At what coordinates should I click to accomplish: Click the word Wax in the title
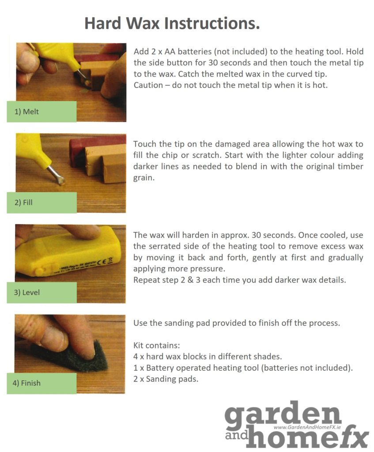(x=141, y=23)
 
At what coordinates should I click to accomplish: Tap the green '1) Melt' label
(x=42, y=112)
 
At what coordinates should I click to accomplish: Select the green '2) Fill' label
(x=42, y=203)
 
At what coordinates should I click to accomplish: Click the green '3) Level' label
(x=42, y=292)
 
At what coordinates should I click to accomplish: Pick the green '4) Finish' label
(x=42, y=383)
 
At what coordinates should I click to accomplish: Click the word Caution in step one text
(x=149, y=85)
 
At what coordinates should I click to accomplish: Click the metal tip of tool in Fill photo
(x=57, y=177)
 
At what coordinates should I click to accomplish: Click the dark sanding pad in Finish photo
(x=66, y=358)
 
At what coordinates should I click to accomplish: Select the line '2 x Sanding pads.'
(x=166, y=379)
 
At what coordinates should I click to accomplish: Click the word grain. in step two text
(x=144, y=178)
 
